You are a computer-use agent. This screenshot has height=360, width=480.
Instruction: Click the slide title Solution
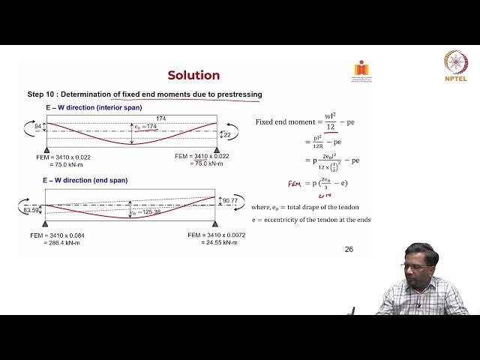[x=193, y=75]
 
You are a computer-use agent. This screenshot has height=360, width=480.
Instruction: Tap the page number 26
[x=348, y=249]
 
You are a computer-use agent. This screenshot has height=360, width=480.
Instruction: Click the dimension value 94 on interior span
[x=39, y=127]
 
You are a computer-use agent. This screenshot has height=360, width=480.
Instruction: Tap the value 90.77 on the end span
[x=235, y=200]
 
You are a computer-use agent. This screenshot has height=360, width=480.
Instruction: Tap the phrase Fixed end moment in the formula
[x=287, y=121]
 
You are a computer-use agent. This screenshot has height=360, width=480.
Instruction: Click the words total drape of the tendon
[x=331, y=206]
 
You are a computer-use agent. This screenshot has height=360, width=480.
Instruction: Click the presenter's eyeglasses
[x=418, y=267]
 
